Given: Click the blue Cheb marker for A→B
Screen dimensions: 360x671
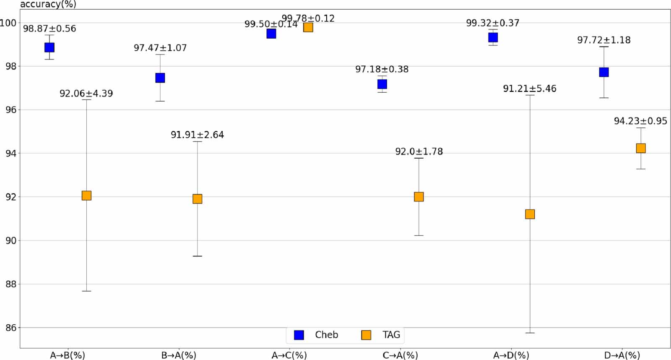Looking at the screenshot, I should pyautogui.click(x=49, y=47).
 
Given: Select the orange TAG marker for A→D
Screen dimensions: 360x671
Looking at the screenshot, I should pyautogui.click(x=530, y=214).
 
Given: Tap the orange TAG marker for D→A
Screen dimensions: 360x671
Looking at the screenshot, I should pyautogui.click(x=640, y=148).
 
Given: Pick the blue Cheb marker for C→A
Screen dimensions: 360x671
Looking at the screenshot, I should pyautogui.click(x=382, y=84).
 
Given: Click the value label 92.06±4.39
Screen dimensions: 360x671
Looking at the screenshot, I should pyautogui.click(x=86, y=94).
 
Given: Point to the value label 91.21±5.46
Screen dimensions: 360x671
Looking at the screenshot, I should pyautogui.click(x=529, y=89).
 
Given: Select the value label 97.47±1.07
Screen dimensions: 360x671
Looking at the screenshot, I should pyautogui.click(x=160, y=48).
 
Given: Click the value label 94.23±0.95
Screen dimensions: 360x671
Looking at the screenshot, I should pyautogui.click(x=640, y=121).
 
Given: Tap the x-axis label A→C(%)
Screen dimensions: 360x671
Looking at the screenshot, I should pyautogui.click(x=289, y=355).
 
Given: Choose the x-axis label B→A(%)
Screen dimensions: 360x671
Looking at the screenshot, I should pyautogui.click(x=179, y=355).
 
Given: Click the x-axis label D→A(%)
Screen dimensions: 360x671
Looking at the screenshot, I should pyautogui.click(x=622, y=355).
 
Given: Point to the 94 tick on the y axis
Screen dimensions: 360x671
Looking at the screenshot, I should pyautogui.click(x=10, y=154).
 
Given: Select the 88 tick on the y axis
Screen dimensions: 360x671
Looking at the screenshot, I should pyautogui.click(x=10, y=284).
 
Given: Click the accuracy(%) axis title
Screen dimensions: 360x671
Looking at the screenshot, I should pyautogui.click(x=48, y=5).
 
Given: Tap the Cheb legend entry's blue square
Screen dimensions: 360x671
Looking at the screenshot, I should pyautogui.click(x=299, y=335).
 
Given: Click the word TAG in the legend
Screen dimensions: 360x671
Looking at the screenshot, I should pyautogui.click(x=391, y=335).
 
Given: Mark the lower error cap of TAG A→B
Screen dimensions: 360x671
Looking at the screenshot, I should pyautogui.click(x=86, y=291).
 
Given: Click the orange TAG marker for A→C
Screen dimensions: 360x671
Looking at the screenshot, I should pyautogui.click(x=308, y=27).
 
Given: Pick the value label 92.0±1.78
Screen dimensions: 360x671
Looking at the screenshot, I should pyautogui.click(x=419, y=151).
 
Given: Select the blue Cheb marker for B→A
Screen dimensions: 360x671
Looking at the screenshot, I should pyautogui.click(x=160, y=78).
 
